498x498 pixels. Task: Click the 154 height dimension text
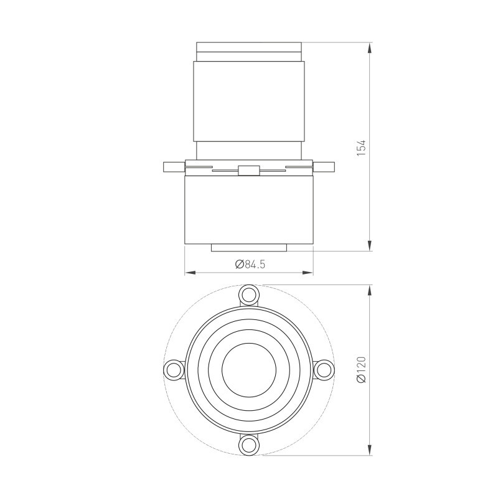coord(361,147)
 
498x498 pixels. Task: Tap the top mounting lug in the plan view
coord(249,294)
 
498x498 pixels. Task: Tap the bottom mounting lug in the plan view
coord(249,445)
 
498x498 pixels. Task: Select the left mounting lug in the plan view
coord(172,370)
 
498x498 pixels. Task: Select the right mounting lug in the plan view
coord(323,370)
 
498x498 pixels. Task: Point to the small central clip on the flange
coord(248,170)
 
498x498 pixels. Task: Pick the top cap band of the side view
coord(249,47)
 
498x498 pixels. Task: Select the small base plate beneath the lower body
coord(249,248)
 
